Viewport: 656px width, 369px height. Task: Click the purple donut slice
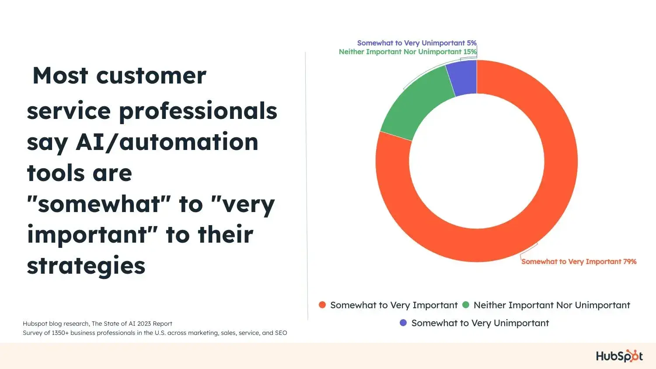tap(464, 78)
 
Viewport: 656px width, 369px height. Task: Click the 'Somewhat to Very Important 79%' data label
tap(579, 261)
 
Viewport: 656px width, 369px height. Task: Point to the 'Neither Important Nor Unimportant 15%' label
tap(407, 52)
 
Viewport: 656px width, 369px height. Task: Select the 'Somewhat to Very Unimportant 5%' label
tap(416, 43)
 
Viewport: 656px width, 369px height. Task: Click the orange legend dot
tap(322, 305)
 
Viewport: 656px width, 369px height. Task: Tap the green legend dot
tap(466, 305)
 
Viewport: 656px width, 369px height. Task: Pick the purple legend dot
tap(403, 323)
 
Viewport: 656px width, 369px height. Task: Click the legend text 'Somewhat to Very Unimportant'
tap(480, 323)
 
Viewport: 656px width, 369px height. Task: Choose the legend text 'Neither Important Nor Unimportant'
tap(551, 305)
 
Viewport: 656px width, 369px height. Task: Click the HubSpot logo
tap(619, 356)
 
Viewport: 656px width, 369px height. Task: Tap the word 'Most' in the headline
tap(60, 76)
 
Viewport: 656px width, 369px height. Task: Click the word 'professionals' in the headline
tap(198, 111)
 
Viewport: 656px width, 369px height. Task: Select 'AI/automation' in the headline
tap(167, 142)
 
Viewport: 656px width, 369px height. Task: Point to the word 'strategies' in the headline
tap(86, 266)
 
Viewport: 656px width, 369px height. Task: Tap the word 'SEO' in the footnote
tap(281, 333)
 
